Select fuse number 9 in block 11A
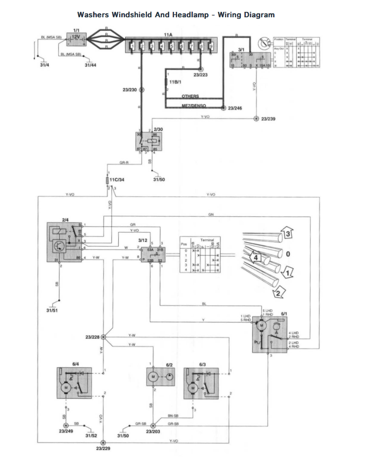211,47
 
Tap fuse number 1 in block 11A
132,47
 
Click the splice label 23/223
200,75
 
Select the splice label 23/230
129,90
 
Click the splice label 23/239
268,119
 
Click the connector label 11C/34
117,180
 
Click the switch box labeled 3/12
153,255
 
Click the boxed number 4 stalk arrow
256,257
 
